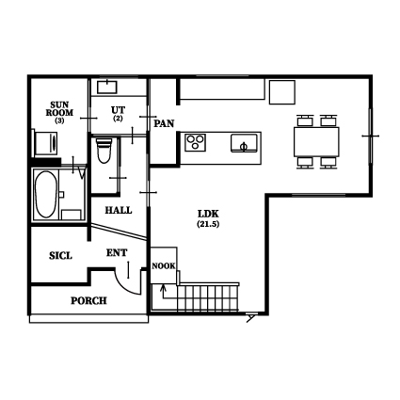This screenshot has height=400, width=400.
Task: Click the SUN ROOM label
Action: tap(59, 108)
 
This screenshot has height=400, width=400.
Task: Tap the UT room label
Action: tap(118, 110)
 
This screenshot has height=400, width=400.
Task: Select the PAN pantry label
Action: tap(164, 123)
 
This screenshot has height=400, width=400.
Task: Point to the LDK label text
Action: tap(208, 214)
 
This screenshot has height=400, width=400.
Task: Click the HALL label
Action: tap(119, 210)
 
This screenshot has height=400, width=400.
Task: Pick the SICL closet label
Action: tap(60, 256)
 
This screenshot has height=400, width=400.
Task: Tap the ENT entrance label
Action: tap(117, 253)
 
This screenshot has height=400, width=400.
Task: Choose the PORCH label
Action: tap(88, 301)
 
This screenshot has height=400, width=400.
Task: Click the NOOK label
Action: tap(164, 266)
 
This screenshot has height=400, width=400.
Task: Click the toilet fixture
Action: tap(104, 151)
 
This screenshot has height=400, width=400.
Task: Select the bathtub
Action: tap(45, 194)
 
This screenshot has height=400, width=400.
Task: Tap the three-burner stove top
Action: tap(195, 142)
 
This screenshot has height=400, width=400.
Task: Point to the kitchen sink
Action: tap(244, 143)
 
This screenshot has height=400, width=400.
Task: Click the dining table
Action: tap(316, 141)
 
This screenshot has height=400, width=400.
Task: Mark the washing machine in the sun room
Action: tap(46, 143)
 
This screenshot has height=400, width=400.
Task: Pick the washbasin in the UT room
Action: tap(107, 87)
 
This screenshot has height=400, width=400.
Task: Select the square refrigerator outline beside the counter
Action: tap(282, 92)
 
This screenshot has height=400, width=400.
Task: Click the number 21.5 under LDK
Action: tap(208, 224)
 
